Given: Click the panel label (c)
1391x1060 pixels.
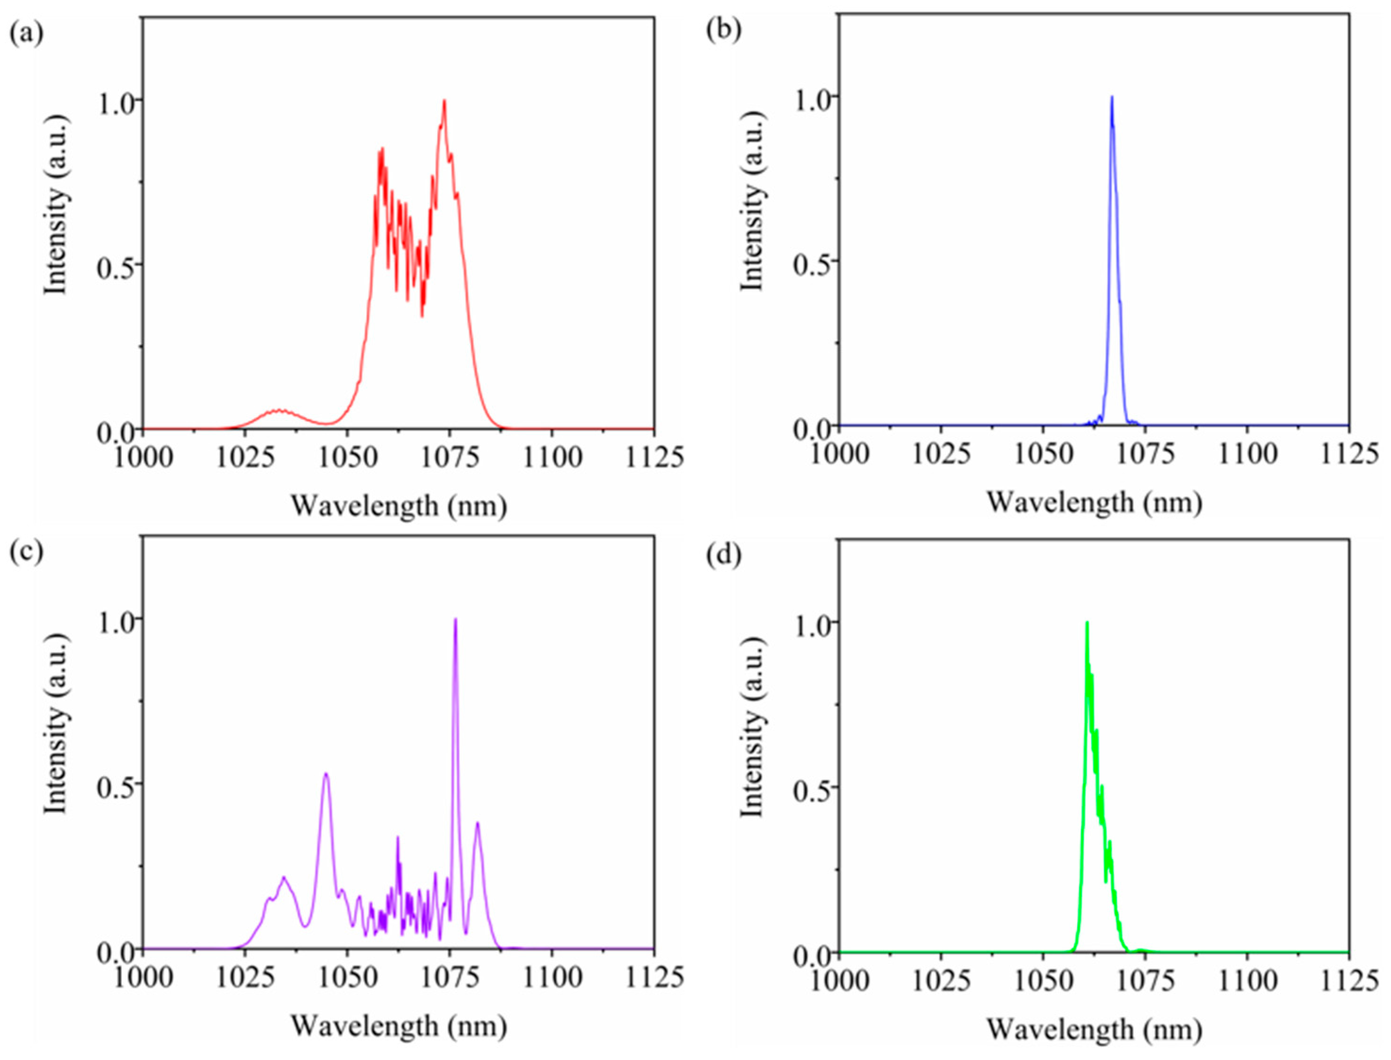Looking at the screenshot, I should click(x=26, y=551).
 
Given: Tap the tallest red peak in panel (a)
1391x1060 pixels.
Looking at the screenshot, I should click(x=444, y=101).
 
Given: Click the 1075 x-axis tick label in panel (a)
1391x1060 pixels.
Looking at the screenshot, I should click(x=449, y=456).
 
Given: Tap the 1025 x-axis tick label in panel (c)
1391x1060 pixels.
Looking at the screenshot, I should click(x=245, y=976).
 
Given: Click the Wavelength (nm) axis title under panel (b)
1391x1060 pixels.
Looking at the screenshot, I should click(x=1094, y=503).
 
